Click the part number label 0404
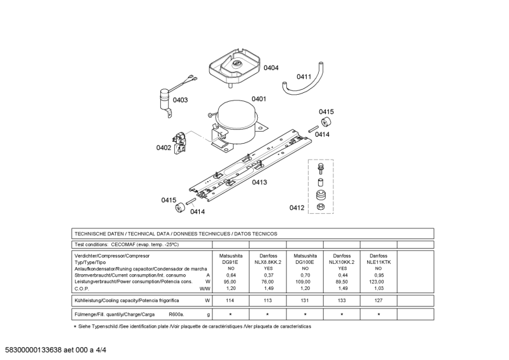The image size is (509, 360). point(271,67)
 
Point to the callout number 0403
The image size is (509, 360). point(180,100)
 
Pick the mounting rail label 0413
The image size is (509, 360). point(259,183)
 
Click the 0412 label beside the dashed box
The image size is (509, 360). point(297,207)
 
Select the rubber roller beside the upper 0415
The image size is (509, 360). point(326,122)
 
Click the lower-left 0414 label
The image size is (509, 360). point(198,212)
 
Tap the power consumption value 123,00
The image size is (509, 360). point(379,281)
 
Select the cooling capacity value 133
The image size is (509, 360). point(342,300)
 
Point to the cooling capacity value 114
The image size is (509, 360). point(230,300)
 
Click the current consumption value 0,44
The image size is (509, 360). point(342,275)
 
